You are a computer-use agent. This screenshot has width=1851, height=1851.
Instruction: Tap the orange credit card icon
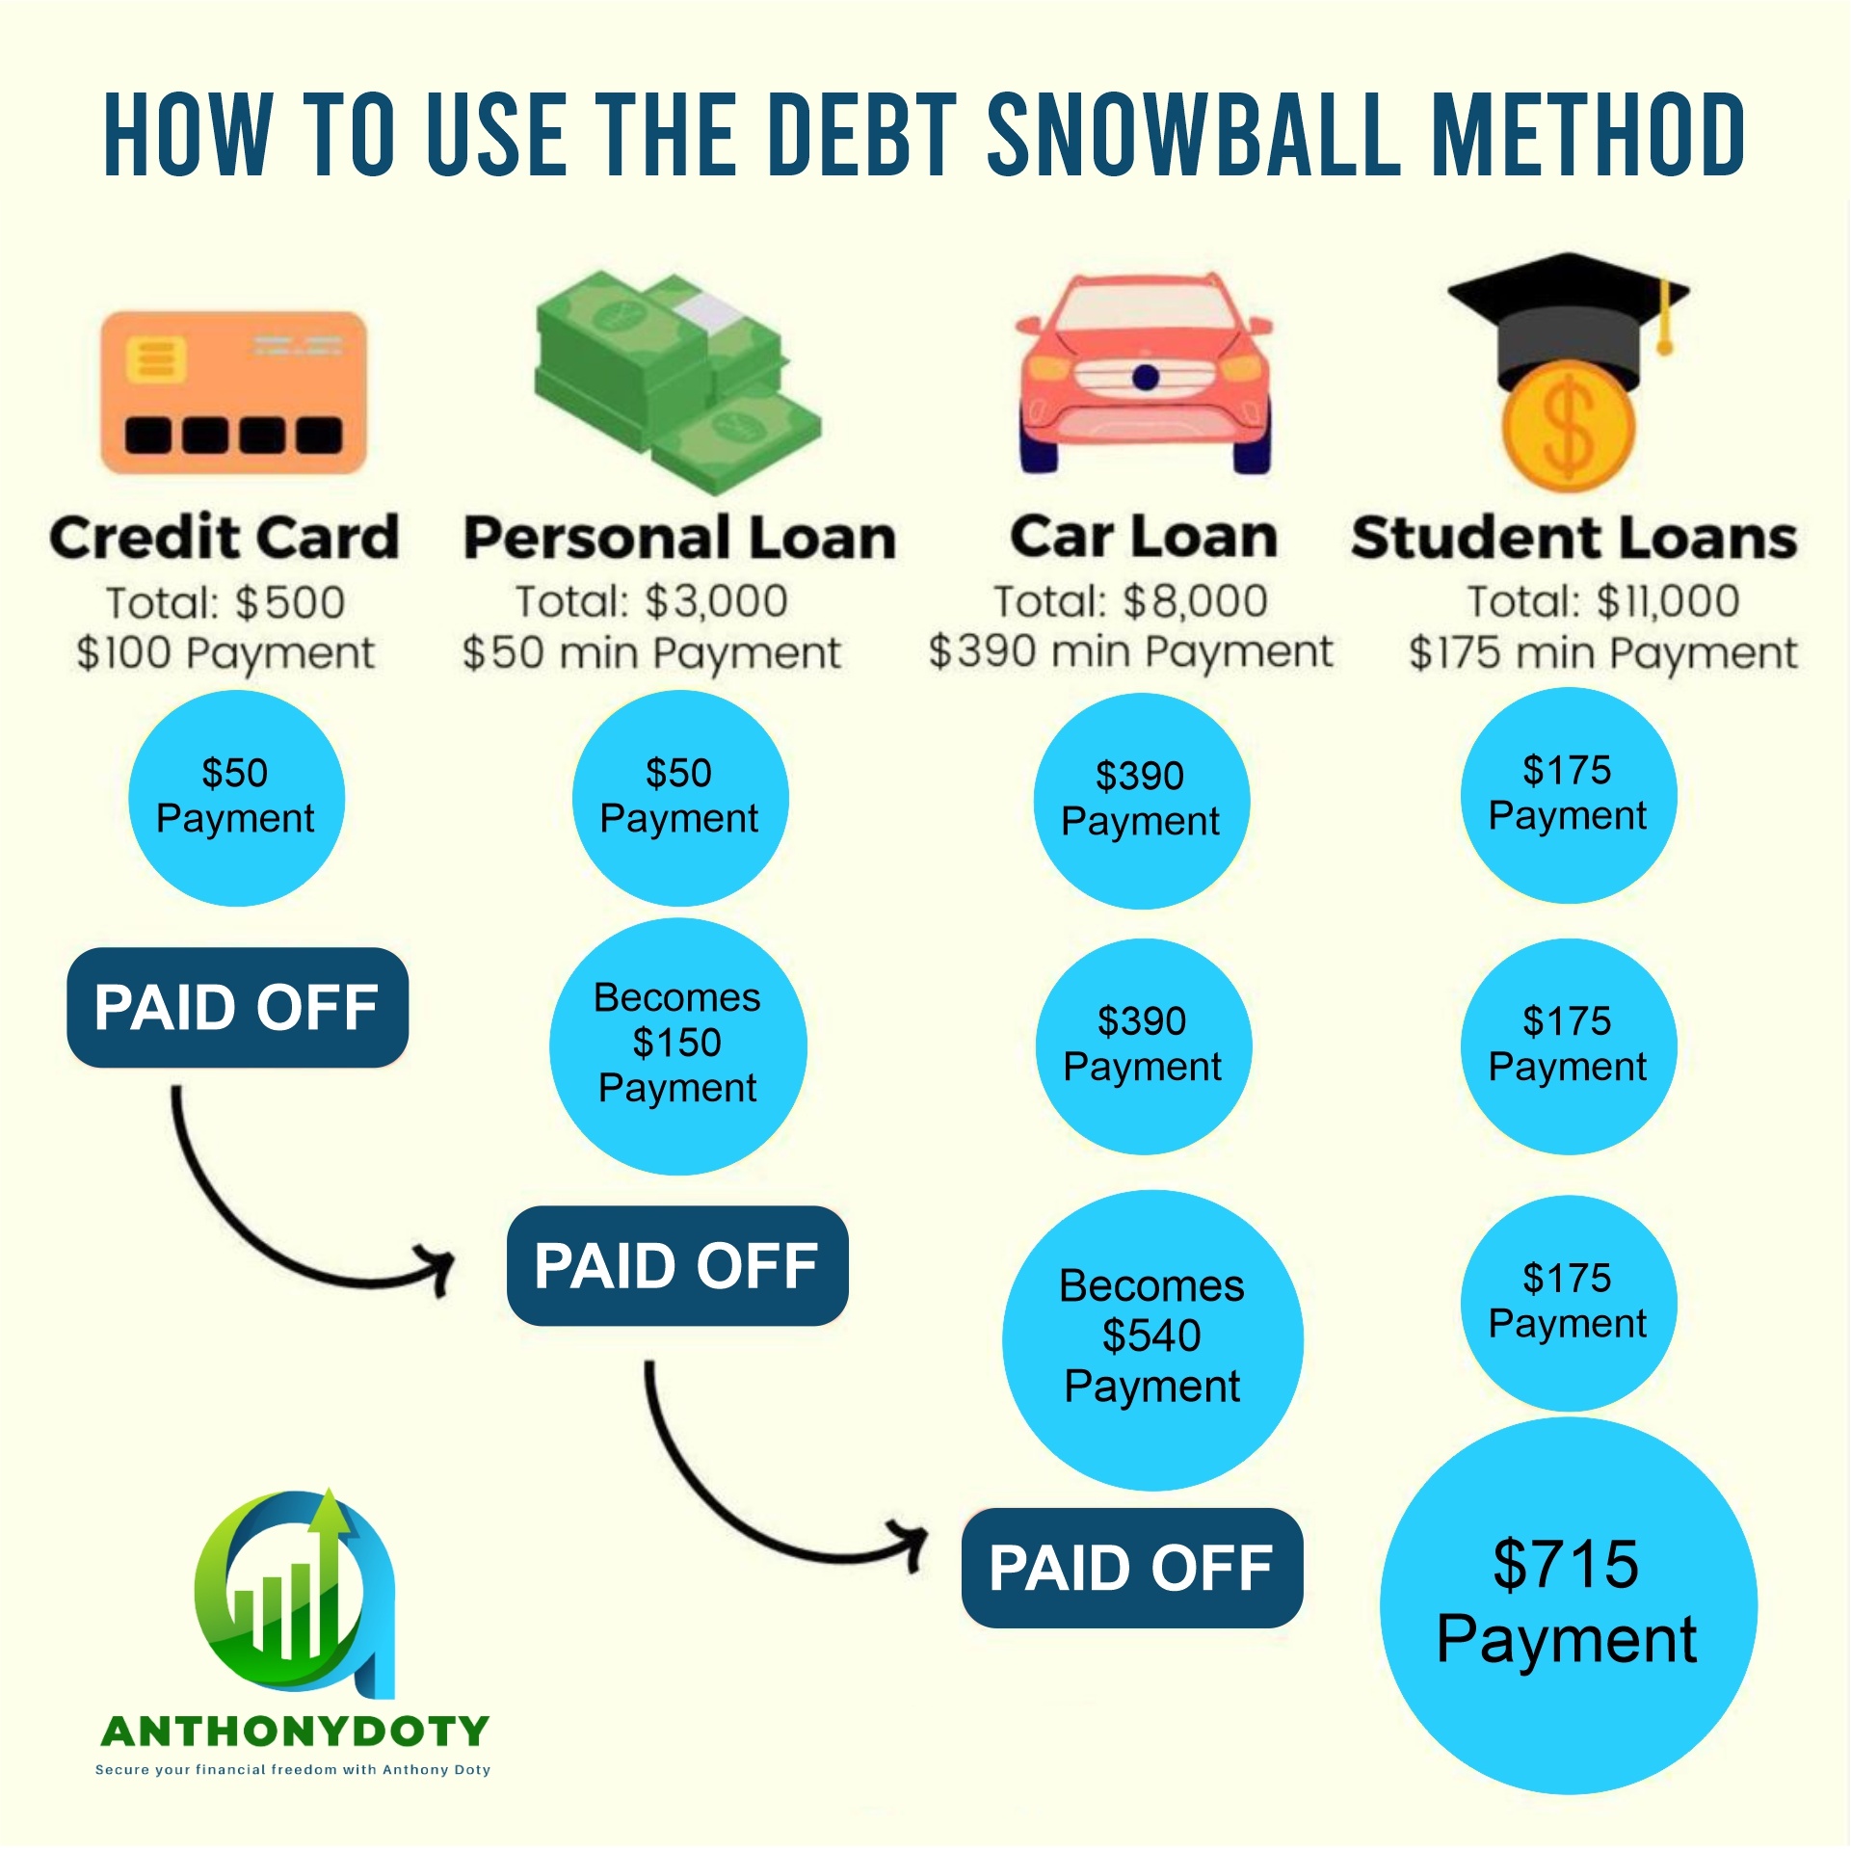click(234, 392)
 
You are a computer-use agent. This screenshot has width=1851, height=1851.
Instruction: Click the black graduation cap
click(1568, 318)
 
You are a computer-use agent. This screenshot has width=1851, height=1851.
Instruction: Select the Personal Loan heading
click(680, 538)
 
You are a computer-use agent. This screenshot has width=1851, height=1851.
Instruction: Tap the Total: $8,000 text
click(1130, 602)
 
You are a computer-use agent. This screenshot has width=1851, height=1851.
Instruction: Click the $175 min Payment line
click(1602, 653)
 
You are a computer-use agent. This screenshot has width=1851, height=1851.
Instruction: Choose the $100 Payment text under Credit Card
click(225, 653)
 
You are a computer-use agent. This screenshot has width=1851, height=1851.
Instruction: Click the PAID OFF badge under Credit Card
click(237, 1008)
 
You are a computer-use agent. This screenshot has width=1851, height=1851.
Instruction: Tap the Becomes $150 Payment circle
click(678, 1045)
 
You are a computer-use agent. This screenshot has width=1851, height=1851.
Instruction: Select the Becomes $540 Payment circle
click(1152, 1340)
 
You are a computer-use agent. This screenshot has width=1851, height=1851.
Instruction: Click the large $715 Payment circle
click(1568, 1604)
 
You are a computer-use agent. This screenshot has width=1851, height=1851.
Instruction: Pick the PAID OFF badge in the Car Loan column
click(1132, 1568)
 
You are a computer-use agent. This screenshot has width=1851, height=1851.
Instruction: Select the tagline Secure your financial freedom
click(293, 1769)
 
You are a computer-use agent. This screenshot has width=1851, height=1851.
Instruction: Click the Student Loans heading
click(1574, 538)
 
